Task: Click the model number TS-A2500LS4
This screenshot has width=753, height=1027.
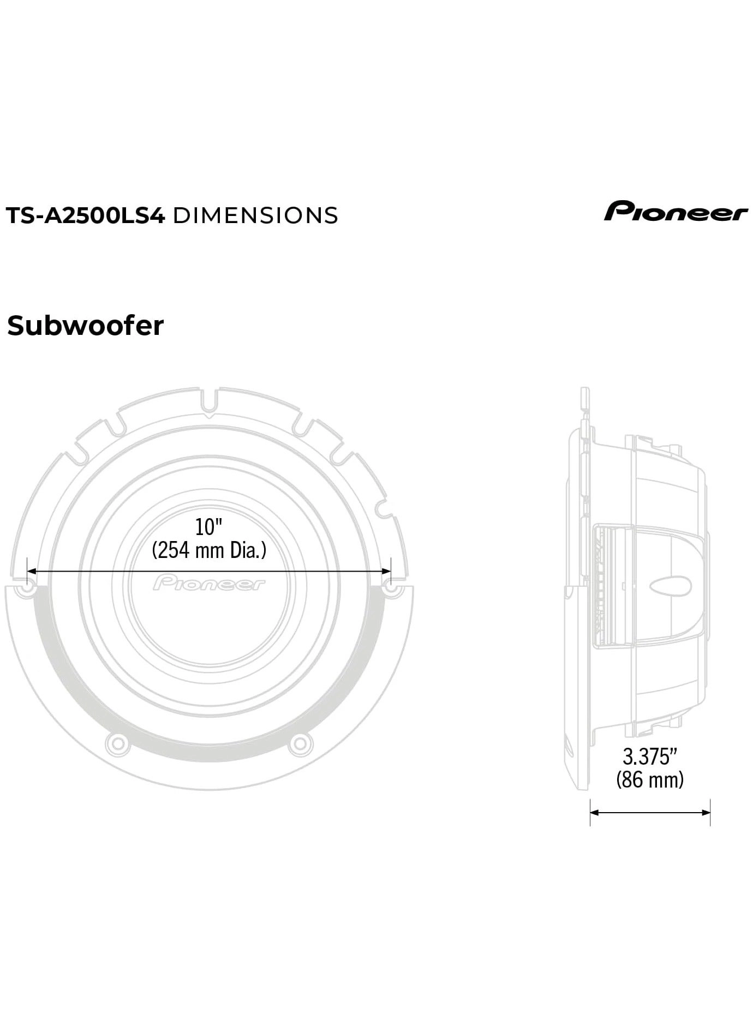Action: pyautogui.click(x=85, y=216)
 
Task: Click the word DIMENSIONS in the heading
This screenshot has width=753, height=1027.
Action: pyautogui.click(x=255, y=216)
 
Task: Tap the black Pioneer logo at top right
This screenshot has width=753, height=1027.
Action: pyautogui.click(x=676, y=212)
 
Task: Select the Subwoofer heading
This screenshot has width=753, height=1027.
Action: pyautogui.click(x=85, y=326)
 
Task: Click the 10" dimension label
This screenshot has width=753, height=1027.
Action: pyautogui.click(x=209, y=527)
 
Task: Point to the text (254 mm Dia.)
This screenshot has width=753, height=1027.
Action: pyautogui.click(x=209, y=550)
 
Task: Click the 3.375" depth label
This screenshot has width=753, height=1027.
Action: pyautogui.click(x=650, y=756)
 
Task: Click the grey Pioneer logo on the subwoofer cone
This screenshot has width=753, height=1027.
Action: pyautogui.click(x=209, y=583)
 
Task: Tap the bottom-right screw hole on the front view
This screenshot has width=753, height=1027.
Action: pyautogui.click(x=301, y=743)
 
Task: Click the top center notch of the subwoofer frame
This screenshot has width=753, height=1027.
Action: pyautogui.click(x=209, y=403)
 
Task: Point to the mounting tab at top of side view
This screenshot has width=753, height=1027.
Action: pyautogui.click(x=584, y=400)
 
